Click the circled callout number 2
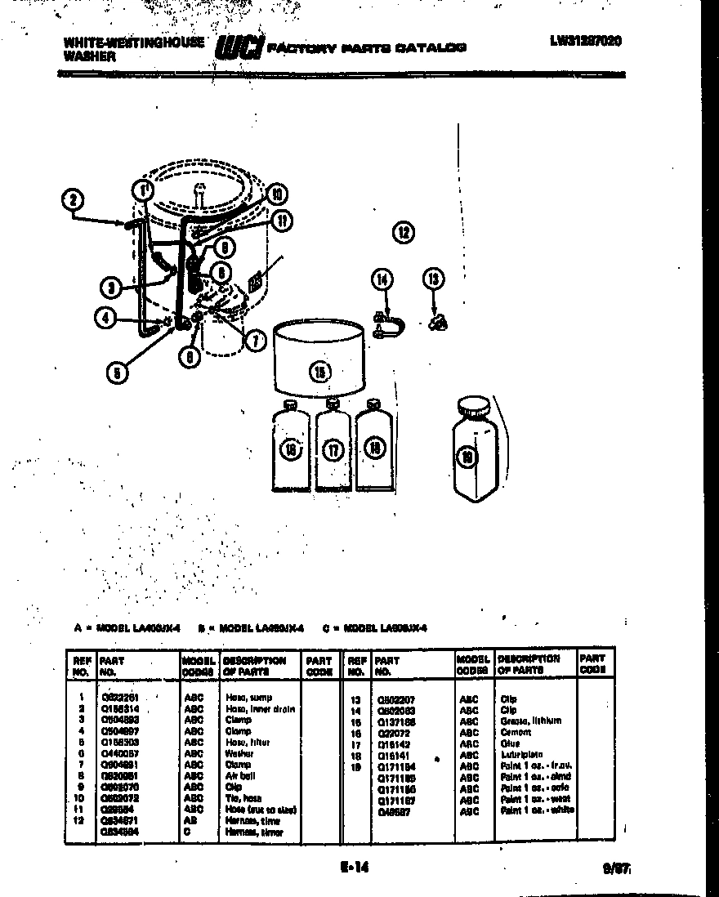click(x=74, y=200)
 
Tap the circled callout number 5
click(x=118, y=373)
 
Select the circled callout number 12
click(x=403, y=232)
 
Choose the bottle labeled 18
click(x=374, y=447)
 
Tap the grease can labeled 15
click(x=319, y=359)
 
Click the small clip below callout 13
click(x=439, y=323)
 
